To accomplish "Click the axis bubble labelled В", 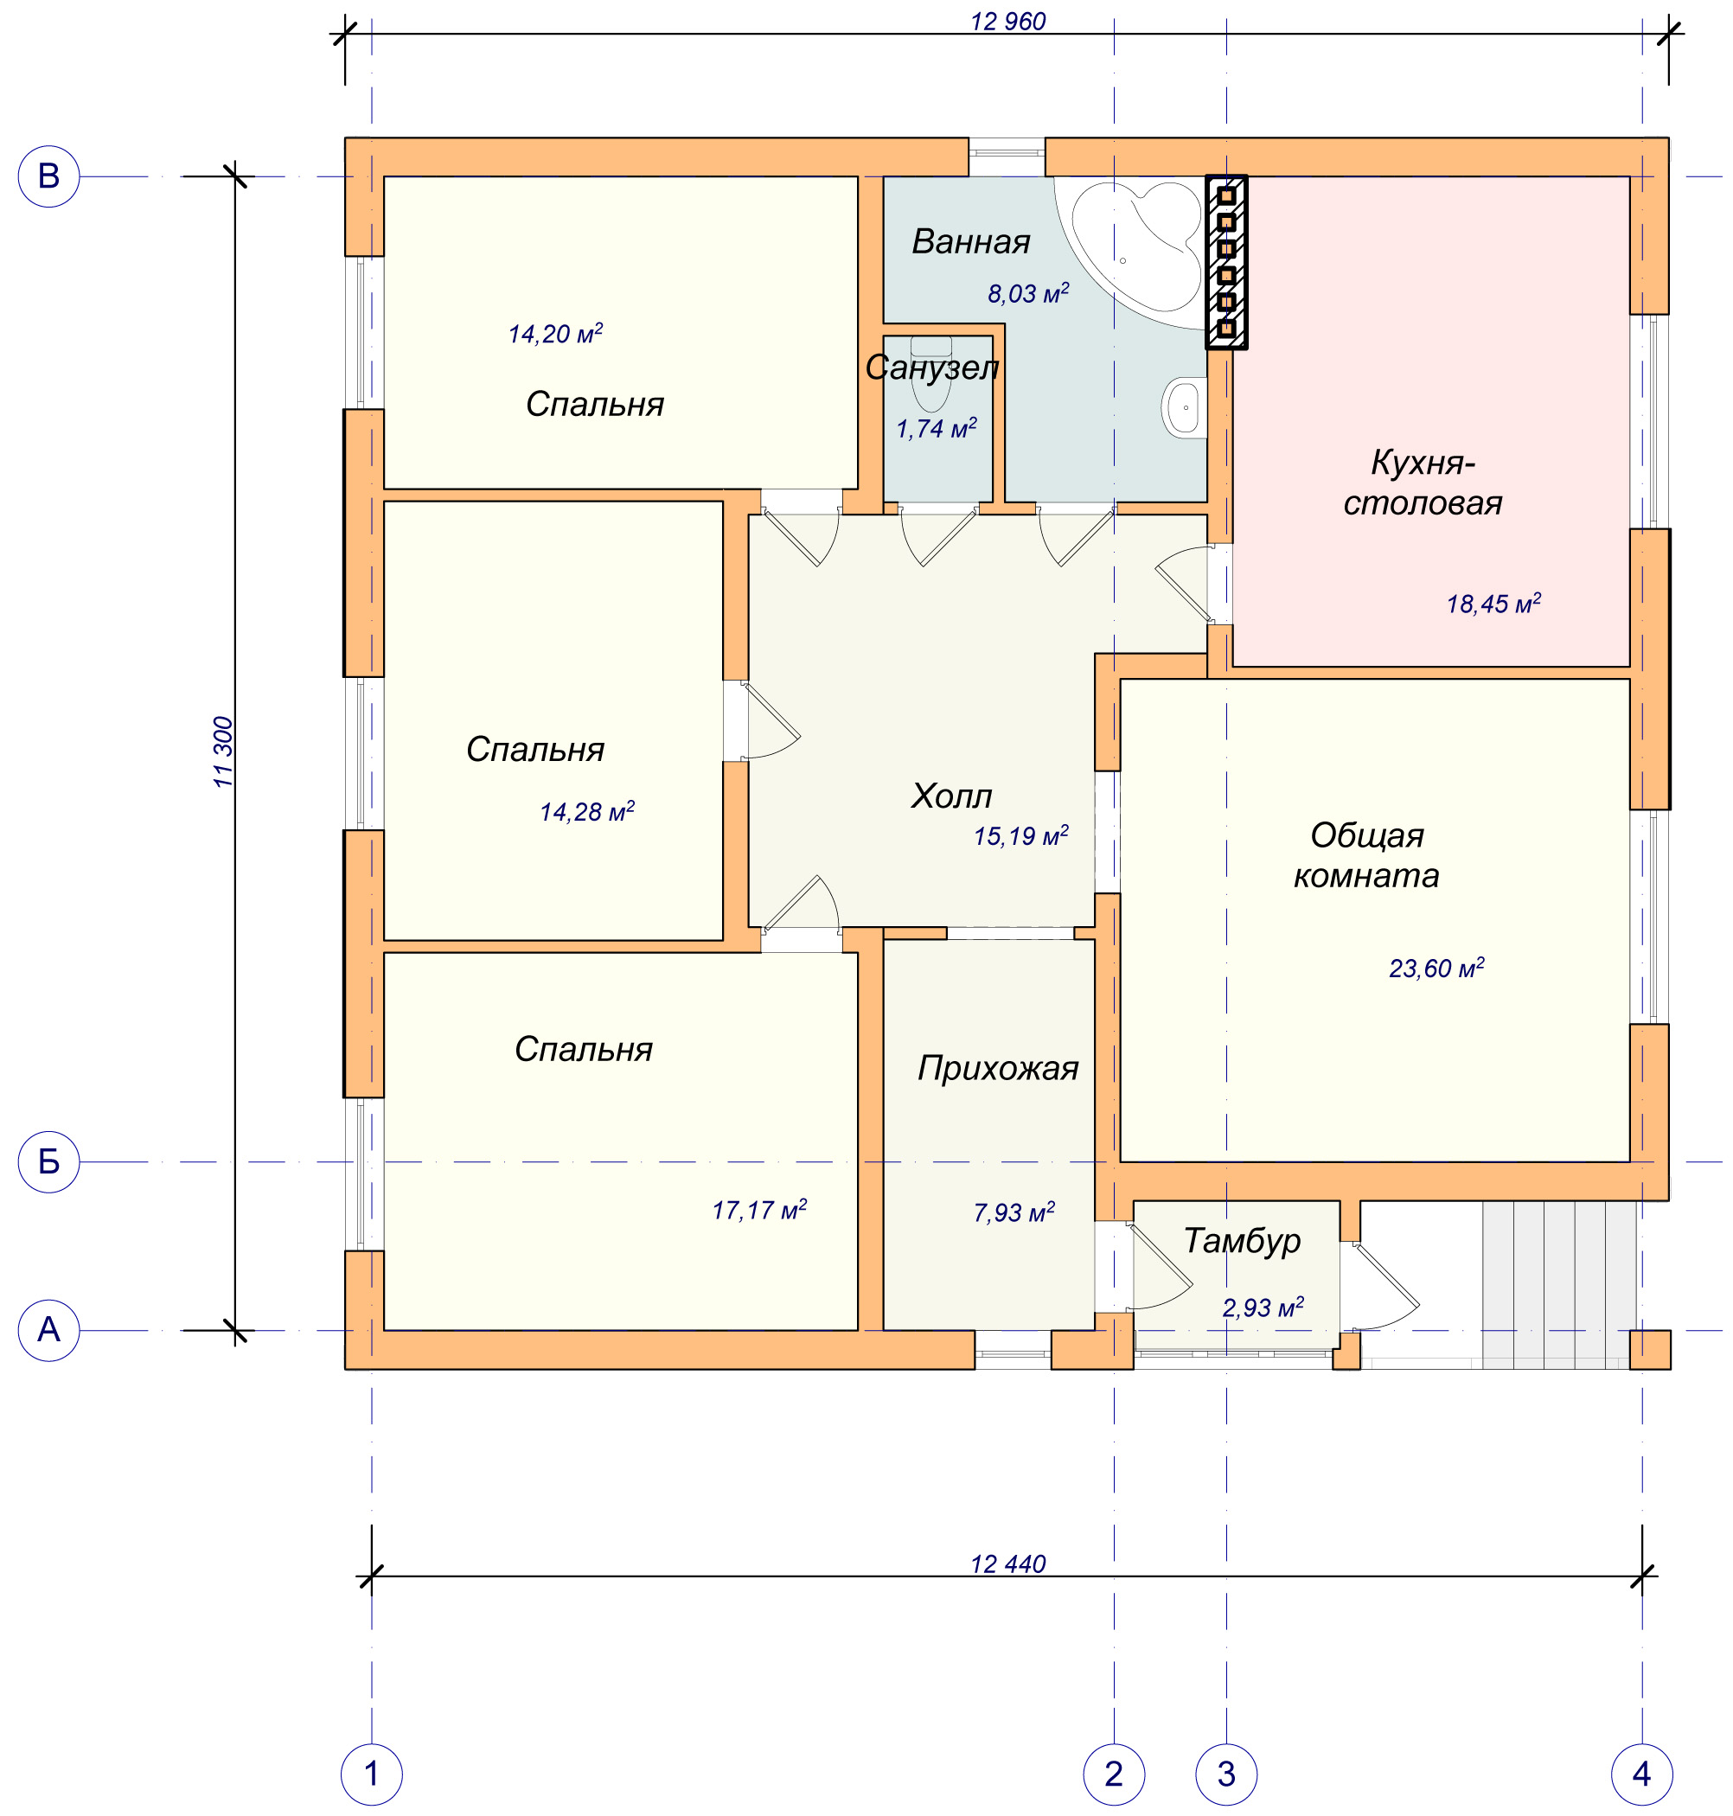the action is (48, 176).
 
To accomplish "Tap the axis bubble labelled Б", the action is (48, 1161).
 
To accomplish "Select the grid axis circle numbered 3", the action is (1226, 1774).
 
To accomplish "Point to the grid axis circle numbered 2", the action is (1113, 1774).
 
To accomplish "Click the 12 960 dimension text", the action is (1007, 22).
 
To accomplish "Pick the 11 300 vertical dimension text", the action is (224, 751).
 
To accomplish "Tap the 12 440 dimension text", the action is (1007, 1563).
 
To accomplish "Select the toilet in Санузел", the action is (930, 374).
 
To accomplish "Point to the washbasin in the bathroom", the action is (1184, 406).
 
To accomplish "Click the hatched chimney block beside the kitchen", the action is (1226, 262).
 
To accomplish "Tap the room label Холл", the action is (951, 796).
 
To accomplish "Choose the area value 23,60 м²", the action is (1436, 967).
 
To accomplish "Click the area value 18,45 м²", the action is (1493, 604).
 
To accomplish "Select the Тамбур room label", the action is (1243, 1241).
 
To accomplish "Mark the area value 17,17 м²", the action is (759, 1209).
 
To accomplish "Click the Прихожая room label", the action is (998, 1069).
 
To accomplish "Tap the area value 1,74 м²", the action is (937, 428).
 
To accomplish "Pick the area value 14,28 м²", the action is (587, 811).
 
